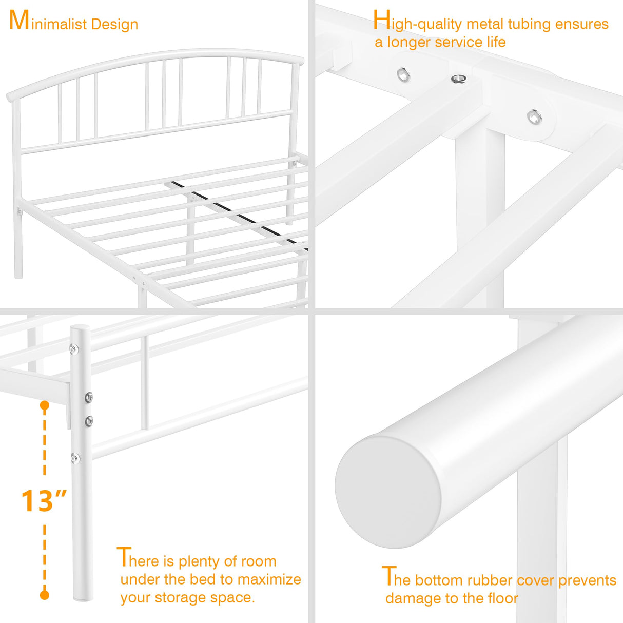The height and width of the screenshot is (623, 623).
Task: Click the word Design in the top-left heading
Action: [114, 24]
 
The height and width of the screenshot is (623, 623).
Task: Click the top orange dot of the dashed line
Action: [45, 405]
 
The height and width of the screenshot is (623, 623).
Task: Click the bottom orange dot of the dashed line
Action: [45, 595]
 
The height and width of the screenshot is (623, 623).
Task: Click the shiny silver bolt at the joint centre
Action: [458, 79]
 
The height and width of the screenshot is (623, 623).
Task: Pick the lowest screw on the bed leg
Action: [75, 458]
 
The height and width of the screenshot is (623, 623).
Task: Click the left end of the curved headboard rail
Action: [9, 96]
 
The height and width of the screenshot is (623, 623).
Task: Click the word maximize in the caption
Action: [269, 579]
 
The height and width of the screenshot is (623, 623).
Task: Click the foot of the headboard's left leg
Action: [18, 276]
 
